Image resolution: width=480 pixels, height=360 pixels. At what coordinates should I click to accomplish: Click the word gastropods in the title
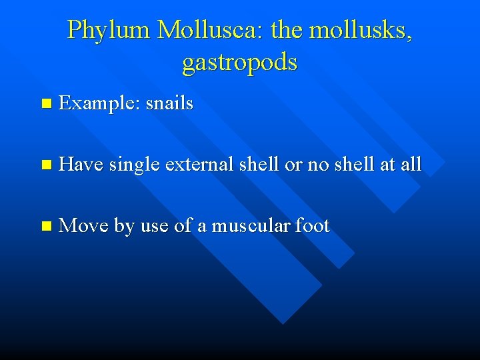pyautogui.click(x=239, y=62)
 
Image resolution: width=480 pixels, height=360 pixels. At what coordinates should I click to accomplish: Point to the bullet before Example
pyautogui.click(x=45, y=104)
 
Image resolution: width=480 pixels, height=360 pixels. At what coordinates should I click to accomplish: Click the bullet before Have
pyautogui.click(x=45, y=165)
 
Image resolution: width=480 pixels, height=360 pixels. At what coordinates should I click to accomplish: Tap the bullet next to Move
pyautogui.click(x=45, y=227)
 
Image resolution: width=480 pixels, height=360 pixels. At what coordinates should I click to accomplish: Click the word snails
pyautogui.click(x=169, y=103)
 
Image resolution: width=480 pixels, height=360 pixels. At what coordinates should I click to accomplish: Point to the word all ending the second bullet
pyautogui.click(x=411, y=164)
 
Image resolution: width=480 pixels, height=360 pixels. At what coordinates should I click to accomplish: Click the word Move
pyautogui.click(x=83, y=226)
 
